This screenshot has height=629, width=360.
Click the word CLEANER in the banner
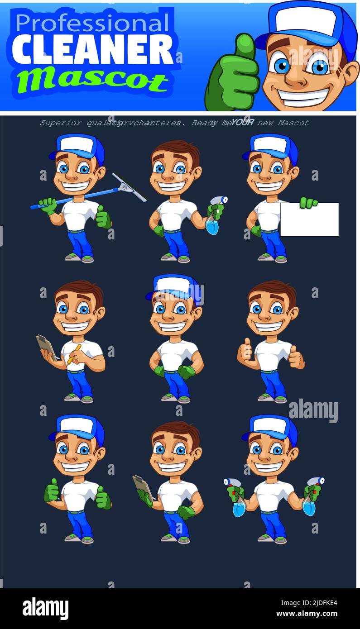[92, 49]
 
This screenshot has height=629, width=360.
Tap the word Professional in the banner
[92, 23]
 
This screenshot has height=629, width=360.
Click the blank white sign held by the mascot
[309, 219]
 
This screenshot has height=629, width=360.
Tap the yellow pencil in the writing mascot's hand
[74, 354]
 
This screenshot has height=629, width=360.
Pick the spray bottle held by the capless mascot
[213, 222]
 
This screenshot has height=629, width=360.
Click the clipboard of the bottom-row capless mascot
[143, 486]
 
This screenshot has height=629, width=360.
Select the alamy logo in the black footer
[45, 608]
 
